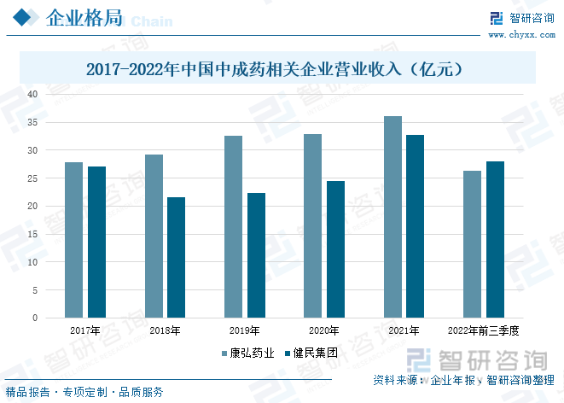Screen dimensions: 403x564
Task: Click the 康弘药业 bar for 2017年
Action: [x=74, y=240]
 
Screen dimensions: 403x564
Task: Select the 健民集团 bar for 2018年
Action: [x=176, y=257]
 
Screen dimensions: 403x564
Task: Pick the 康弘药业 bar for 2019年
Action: [x=233, y=226]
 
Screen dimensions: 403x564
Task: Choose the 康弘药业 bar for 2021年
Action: [x=392, y=217]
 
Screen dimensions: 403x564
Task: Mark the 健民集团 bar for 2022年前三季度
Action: [x=495, y=239]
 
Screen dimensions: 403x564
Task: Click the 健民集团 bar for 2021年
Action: [x=416, y=226]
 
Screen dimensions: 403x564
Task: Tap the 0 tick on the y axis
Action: [x=35, y=318]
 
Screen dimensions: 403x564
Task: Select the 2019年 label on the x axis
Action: [x=244, y=330]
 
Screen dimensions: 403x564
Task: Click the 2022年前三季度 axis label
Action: [x=483, y=330]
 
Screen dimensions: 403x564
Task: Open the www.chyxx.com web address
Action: [x=520, y=34]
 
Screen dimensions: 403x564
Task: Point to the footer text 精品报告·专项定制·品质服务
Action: [x=84, y=392]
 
